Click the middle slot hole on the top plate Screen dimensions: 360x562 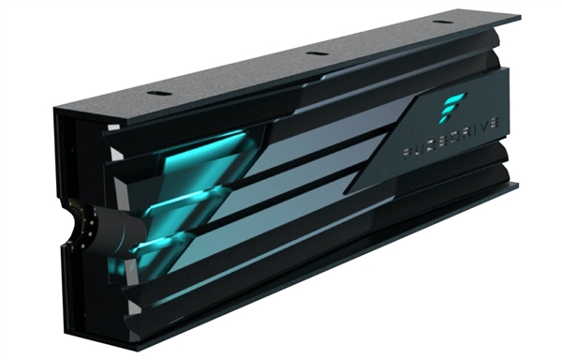[317, 53]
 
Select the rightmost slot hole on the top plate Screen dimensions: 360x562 [440, 23]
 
